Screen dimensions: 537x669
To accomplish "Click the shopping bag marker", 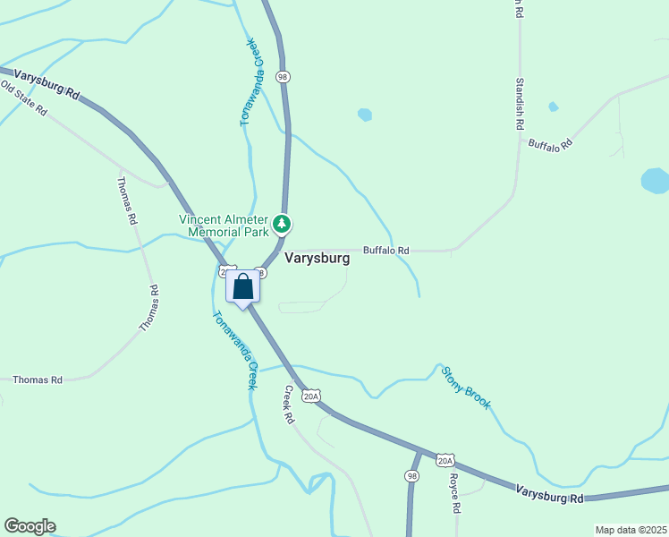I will (x=242, y=287).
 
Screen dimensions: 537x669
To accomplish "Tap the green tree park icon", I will (x=283, y=223).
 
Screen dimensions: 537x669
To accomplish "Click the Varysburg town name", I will (x=317, y=257).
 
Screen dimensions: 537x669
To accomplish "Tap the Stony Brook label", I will (x=466, y=388).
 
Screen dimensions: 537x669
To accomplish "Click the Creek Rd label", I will (x=289, y=405).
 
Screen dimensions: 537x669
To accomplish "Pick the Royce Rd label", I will (x=454, y=493).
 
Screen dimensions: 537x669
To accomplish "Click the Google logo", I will (x=30, y=526).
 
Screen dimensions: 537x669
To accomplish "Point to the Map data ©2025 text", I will (x=631, y=530).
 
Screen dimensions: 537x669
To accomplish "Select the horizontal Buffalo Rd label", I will (x=385, y=251).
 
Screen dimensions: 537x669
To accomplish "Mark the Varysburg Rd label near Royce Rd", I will (x=549, y=493).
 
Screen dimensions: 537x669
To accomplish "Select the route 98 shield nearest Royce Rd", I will (x=411, y=476).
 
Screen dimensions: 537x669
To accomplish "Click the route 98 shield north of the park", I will (x=283, y=78).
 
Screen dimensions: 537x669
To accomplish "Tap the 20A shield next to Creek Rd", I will (x=310, y=396).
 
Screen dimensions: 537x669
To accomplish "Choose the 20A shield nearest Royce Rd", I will (x=445, y=460).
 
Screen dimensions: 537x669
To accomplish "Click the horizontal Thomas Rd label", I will (x=38, y=380).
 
